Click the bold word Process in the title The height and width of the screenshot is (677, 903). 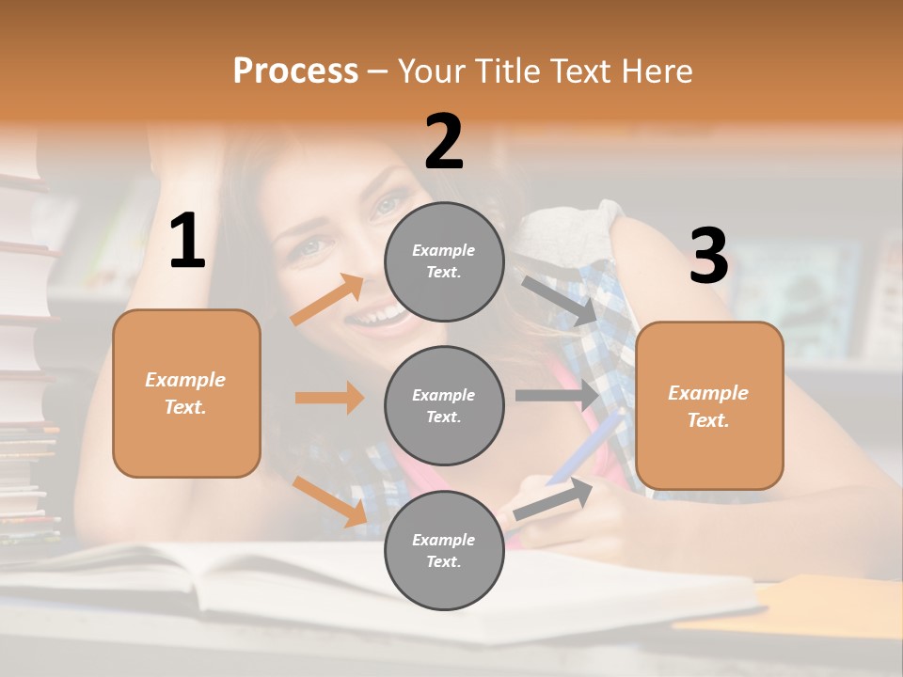[295, 71]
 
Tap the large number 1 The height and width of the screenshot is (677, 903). [187, 242]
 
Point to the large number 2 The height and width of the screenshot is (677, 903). [444, 142]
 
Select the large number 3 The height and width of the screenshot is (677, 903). [708, 257]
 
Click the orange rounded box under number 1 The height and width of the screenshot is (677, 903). [186, 393]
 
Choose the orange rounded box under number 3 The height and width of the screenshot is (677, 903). [709, 405]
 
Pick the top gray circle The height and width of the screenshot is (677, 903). [444, 261]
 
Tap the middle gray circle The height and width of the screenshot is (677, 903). [444, 405]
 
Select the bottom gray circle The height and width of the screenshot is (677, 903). [444, 550]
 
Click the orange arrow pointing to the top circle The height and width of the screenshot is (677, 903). [327, 300]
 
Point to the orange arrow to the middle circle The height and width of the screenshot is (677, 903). [329, 398]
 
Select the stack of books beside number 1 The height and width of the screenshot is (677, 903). [28, 357]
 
